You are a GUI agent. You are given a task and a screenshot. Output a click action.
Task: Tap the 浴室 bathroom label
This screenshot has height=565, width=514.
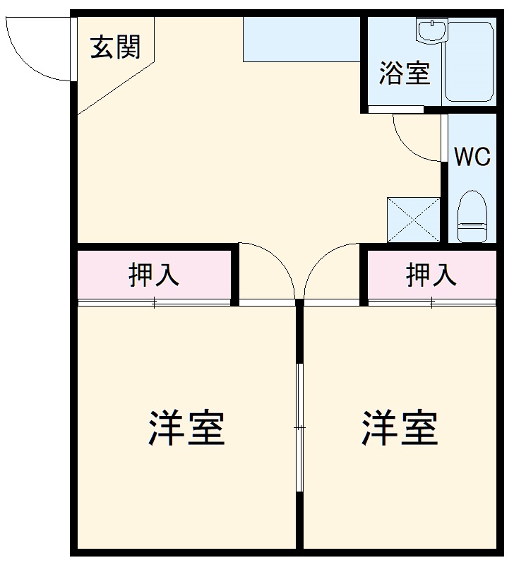(x=405, y=73)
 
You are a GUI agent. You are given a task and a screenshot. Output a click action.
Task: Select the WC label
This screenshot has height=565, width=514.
(x=472, y=156)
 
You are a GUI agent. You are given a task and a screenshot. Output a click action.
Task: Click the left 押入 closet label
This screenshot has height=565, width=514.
(x=153, y=275)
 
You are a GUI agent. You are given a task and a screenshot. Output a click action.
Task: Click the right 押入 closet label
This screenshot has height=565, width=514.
(x=431, y=275)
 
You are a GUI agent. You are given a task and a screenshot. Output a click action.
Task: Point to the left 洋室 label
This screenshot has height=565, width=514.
(x=186, y=427)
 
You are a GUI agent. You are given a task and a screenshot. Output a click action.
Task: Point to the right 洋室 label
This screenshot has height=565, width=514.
(x=400, y=427)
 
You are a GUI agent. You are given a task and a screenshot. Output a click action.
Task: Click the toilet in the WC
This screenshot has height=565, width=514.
(x=472, y=217)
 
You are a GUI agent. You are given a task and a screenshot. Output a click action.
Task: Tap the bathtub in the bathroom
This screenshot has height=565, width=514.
(x=469, y=62)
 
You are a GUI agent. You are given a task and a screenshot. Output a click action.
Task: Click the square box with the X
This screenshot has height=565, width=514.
(x=413, y=220)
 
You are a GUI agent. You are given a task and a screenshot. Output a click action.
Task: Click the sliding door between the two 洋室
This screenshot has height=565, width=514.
(x=300, y=427)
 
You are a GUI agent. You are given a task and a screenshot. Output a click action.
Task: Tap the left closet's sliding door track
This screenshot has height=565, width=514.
(x=155, y=303)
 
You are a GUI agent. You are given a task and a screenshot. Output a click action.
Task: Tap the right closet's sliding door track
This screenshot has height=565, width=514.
(x=431, y=303)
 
